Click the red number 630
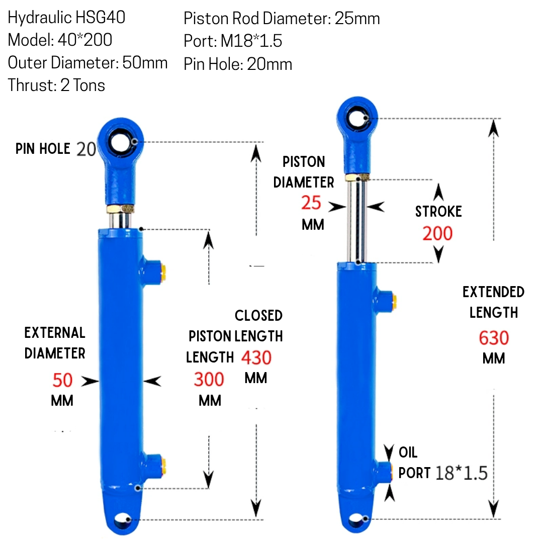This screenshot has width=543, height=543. pos(494,338)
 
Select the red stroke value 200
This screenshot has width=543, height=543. pos(437,233)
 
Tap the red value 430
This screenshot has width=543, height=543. pos(256,358)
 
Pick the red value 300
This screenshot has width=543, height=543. pos(209,379)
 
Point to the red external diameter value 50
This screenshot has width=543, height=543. pos(62,380)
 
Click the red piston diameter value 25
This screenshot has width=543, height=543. pos(311,203)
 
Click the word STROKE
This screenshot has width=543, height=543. pos(438,211)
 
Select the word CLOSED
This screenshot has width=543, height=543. pos(259,315)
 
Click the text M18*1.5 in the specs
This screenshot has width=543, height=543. pos(251,41)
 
